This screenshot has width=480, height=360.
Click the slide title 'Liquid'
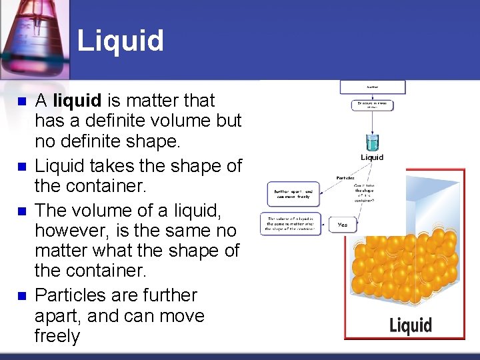[120, 40]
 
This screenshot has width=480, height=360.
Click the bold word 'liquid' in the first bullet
[77, 101]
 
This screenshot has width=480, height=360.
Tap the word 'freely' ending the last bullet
[57, 336]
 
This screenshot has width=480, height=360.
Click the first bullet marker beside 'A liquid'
[21, 102]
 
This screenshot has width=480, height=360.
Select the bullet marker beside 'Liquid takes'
[21, 167]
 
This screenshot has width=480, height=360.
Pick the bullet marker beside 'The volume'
[21, 210]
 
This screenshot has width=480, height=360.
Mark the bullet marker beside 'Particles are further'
[21, 295]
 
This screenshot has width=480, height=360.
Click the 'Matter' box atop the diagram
[372, 87]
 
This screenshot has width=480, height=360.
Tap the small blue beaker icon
[372, 142]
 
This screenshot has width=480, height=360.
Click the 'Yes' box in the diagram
[343, 225]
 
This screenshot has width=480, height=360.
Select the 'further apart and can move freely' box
[293, 194]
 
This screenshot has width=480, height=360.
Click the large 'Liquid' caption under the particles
[411, 325]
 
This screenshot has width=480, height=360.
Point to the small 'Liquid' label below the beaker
[372, 157]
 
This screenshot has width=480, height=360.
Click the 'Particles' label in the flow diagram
[345, 178]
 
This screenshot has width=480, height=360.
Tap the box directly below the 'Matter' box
[372, 105]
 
